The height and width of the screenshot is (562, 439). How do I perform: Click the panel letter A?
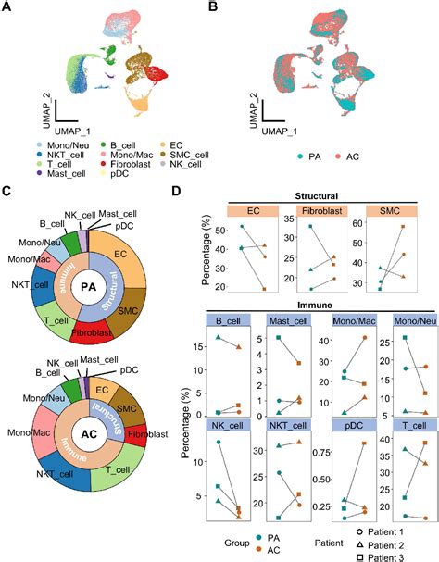point(7,8)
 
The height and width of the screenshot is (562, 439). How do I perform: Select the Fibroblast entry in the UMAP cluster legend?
point(114,159)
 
